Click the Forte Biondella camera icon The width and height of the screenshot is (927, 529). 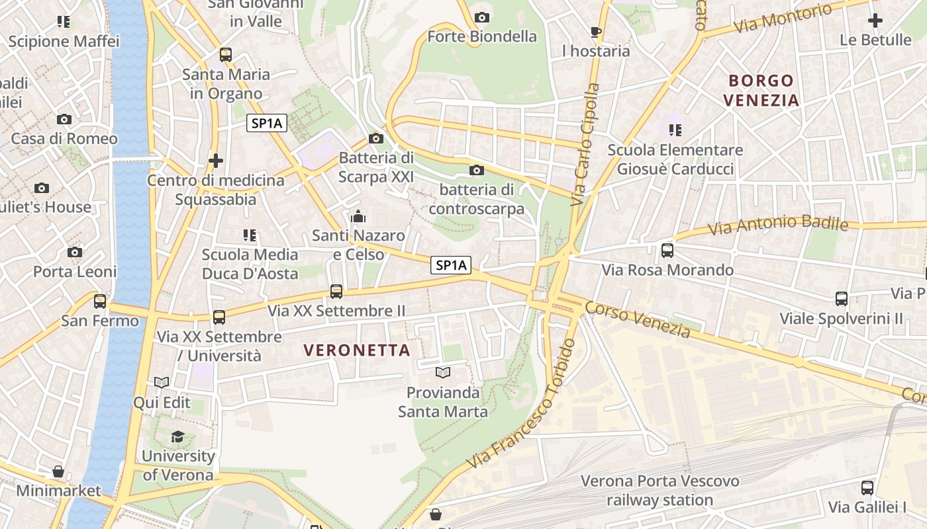482,17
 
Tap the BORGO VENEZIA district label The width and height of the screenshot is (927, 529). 761,91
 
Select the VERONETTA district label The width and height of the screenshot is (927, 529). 357,350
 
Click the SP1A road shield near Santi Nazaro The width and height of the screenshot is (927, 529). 451,265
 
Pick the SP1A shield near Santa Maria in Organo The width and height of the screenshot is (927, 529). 267,122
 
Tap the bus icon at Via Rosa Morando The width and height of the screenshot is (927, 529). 667,251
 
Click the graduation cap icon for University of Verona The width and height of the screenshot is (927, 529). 177,436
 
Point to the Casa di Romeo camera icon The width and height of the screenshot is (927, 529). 64,120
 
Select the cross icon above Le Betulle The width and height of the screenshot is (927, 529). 875,20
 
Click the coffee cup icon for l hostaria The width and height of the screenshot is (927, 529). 595,32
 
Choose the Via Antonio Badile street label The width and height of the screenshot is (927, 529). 778,225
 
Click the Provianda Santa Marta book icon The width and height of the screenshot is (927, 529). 442,373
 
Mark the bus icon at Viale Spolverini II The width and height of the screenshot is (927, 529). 841,299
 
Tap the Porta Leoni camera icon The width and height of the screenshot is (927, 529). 75,253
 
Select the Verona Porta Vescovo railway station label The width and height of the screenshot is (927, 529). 659,490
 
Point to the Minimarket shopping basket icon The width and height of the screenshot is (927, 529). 58,471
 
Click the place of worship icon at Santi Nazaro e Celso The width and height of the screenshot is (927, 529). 358,216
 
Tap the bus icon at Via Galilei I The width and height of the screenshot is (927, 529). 867,488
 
